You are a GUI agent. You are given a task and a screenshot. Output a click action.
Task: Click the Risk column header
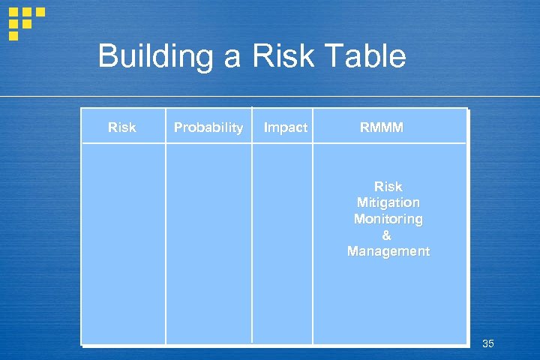click(122, 127)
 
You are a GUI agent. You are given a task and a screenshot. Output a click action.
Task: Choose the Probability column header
click(208, 127)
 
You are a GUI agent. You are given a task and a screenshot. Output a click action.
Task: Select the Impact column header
click(286, 127)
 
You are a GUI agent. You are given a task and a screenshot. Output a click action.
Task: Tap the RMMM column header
click(381, 127)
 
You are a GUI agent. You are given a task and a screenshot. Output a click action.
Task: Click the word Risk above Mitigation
click(388, 186)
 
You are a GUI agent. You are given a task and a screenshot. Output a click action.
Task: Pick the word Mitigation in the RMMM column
click(388, 202)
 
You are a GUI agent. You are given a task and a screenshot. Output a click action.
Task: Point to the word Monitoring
click(388, 219)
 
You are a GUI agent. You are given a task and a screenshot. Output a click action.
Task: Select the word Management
click(388, 251)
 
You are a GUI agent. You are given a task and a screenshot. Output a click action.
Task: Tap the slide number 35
click(488, 343)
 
